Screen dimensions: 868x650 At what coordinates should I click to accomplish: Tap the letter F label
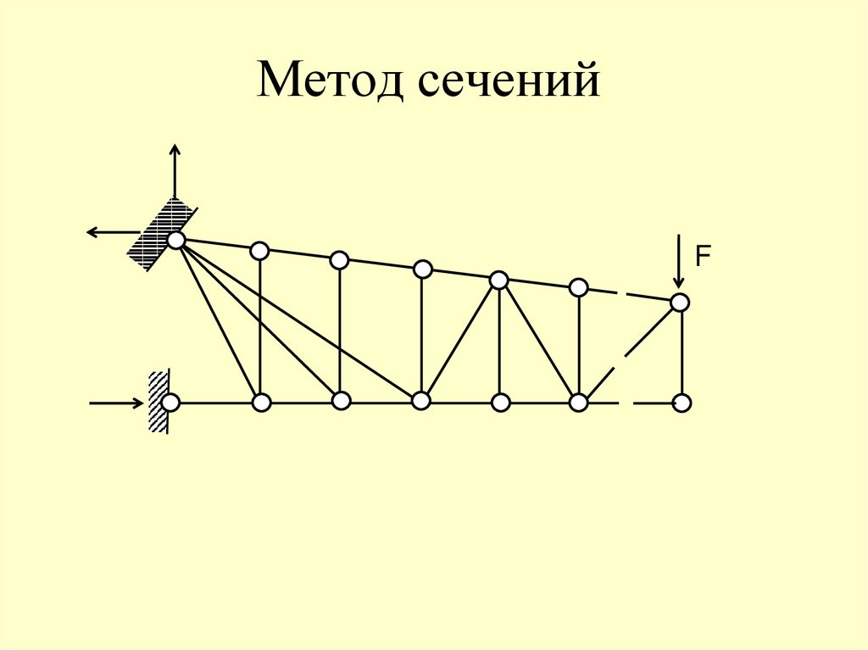pyautogui.click(x=702, y=256)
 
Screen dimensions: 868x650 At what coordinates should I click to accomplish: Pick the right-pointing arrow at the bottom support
pyautogui.click(x=117, y=403)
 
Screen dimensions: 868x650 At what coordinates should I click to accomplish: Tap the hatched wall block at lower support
pyautogui.click(x=158, y=402)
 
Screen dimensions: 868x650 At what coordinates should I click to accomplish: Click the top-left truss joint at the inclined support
pyautogui.click(x=175, y=241)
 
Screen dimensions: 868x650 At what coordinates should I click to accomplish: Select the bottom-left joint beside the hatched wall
pyautogui.click(x=171, y=402)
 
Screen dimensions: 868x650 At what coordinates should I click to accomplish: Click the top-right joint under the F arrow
pyautogui.click(x=679, y=302)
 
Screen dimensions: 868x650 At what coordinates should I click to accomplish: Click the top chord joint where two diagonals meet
pyautogui.click(x=499, y=279)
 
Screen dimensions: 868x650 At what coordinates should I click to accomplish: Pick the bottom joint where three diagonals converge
pyautogui.click(x=420, y=401)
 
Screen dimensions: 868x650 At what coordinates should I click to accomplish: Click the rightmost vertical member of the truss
pyautogui.click(x=682, y=352)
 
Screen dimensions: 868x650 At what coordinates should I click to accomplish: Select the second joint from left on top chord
pyautogui.click(x=259, y=251)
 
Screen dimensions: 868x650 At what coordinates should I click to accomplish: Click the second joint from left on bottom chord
pyautogui.click(x=261, y=401)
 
